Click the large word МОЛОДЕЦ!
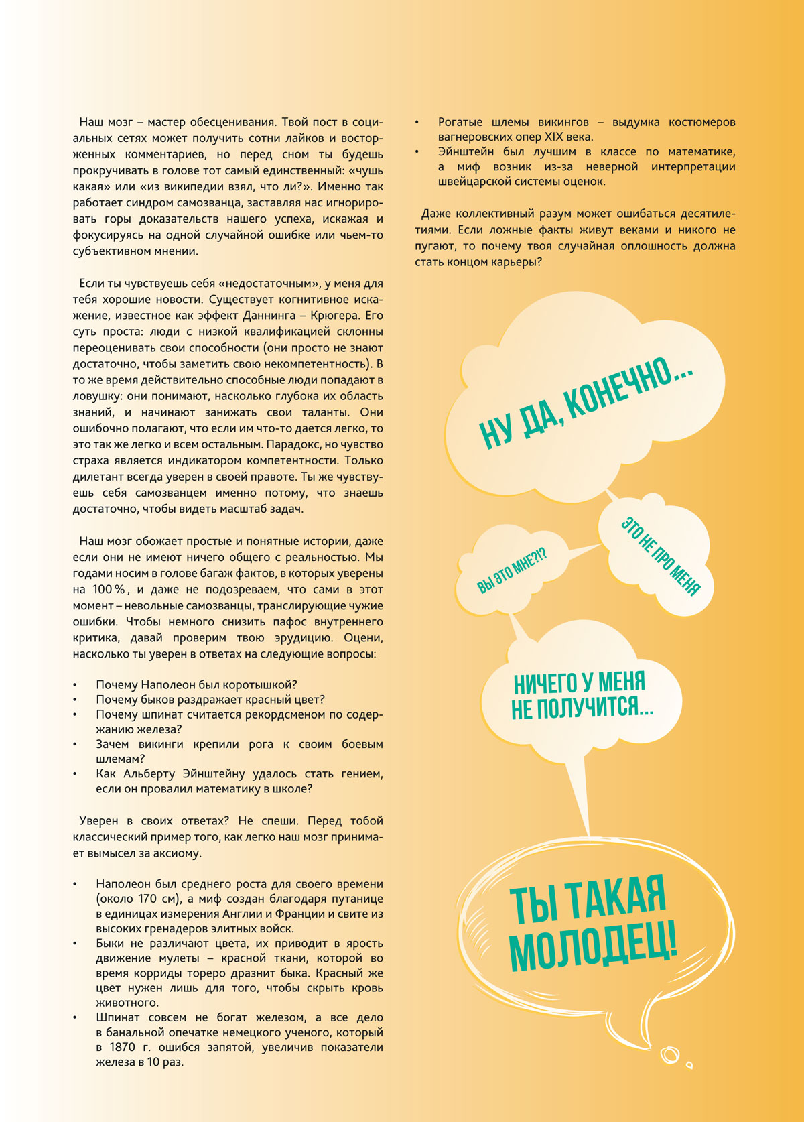(593, 946)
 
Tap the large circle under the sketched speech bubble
(669, 1055)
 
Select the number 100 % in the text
(109, 590)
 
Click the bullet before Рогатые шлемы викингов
(417, 123)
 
